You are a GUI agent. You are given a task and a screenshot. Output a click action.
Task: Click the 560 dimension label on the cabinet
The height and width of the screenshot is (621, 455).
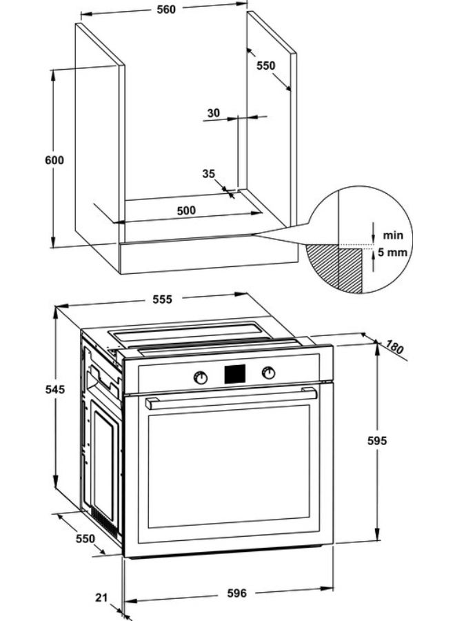pyautogui.click(x=165, y=9)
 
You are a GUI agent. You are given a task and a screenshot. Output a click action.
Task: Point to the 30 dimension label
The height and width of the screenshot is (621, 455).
pyautogui.click(x=213, y=112)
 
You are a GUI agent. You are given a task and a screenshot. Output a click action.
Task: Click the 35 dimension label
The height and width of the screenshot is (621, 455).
pyautogui.click(x=209, y=174)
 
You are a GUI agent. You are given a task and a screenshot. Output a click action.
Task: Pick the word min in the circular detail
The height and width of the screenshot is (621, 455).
pyautogui.click(x=394, y=235)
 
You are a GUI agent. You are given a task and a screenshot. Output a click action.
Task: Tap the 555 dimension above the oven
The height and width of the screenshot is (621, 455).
pyautogui.click(x=162, y=299)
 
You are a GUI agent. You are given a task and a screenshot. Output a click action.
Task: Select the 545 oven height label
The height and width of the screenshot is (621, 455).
pyautogui.click(x=54, y=389)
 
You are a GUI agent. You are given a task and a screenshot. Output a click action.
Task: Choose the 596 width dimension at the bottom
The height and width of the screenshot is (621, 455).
pyautogui.click(x=236, y=593)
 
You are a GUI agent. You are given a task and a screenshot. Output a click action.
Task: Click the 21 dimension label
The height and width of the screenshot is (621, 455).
pyautogui.click(x=103, y=598)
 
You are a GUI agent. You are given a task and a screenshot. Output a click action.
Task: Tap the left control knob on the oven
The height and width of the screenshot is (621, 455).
pyautogui.click(x=200, y=377)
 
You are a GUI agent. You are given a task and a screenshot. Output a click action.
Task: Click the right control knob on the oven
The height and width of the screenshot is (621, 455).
pyautogui.click(x=268, y=373)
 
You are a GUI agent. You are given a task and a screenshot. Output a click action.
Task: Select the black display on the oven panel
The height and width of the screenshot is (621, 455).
pyautogui.click(x=234, y=373)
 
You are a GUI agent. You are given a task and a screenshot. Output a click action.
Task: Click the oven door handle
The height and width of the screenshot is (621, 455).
pyautogui.click(x=231, y=398)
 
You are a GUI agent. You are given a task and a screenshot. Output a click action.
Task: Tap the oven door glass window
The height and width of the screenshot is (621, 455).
pyautogui.click(x=229, y=467)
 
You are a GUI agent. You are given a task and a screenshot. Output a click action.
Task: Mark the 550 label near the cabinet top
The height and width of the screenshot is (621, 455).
pyautogui.click(x=266, y=66)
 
